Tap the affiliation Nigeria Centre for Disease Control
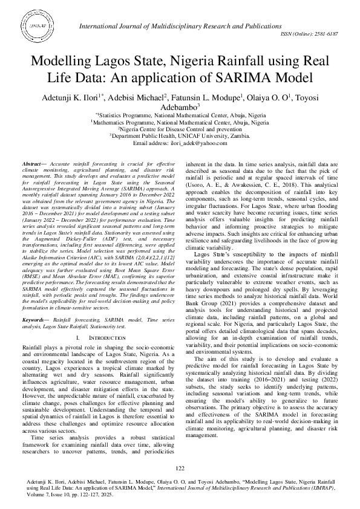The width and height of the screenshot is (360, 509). pyautogui.click(x=180, y=129)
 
